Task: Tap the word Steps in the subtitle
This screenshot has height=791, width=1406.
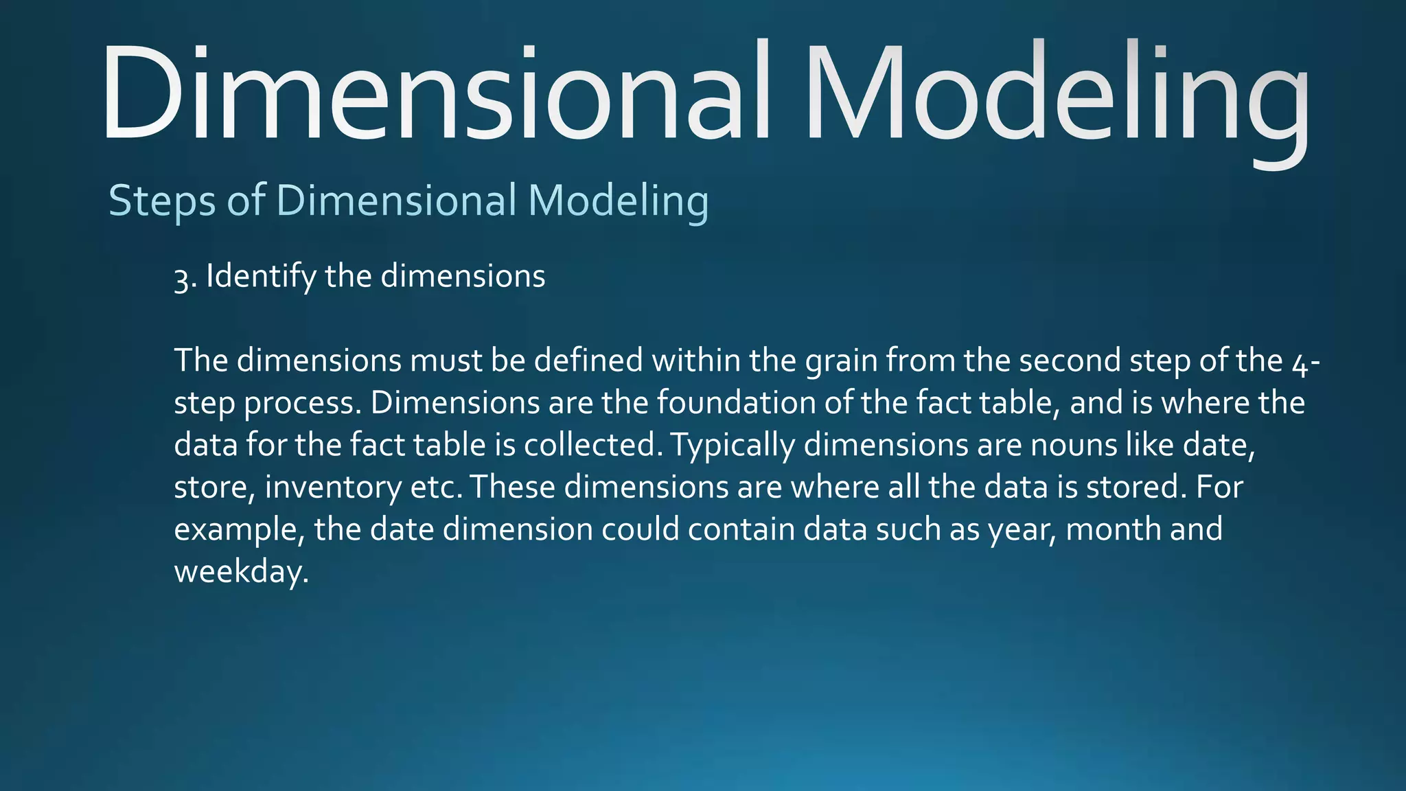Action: coord(162,201)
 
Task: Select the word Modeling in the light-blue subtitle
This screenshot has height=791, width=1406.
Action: coord(618,201)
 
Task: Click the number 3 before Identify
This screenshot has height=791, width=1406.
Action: coord(181,278)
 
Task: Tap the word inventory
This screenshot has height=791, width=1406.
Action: coord(333,488)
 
